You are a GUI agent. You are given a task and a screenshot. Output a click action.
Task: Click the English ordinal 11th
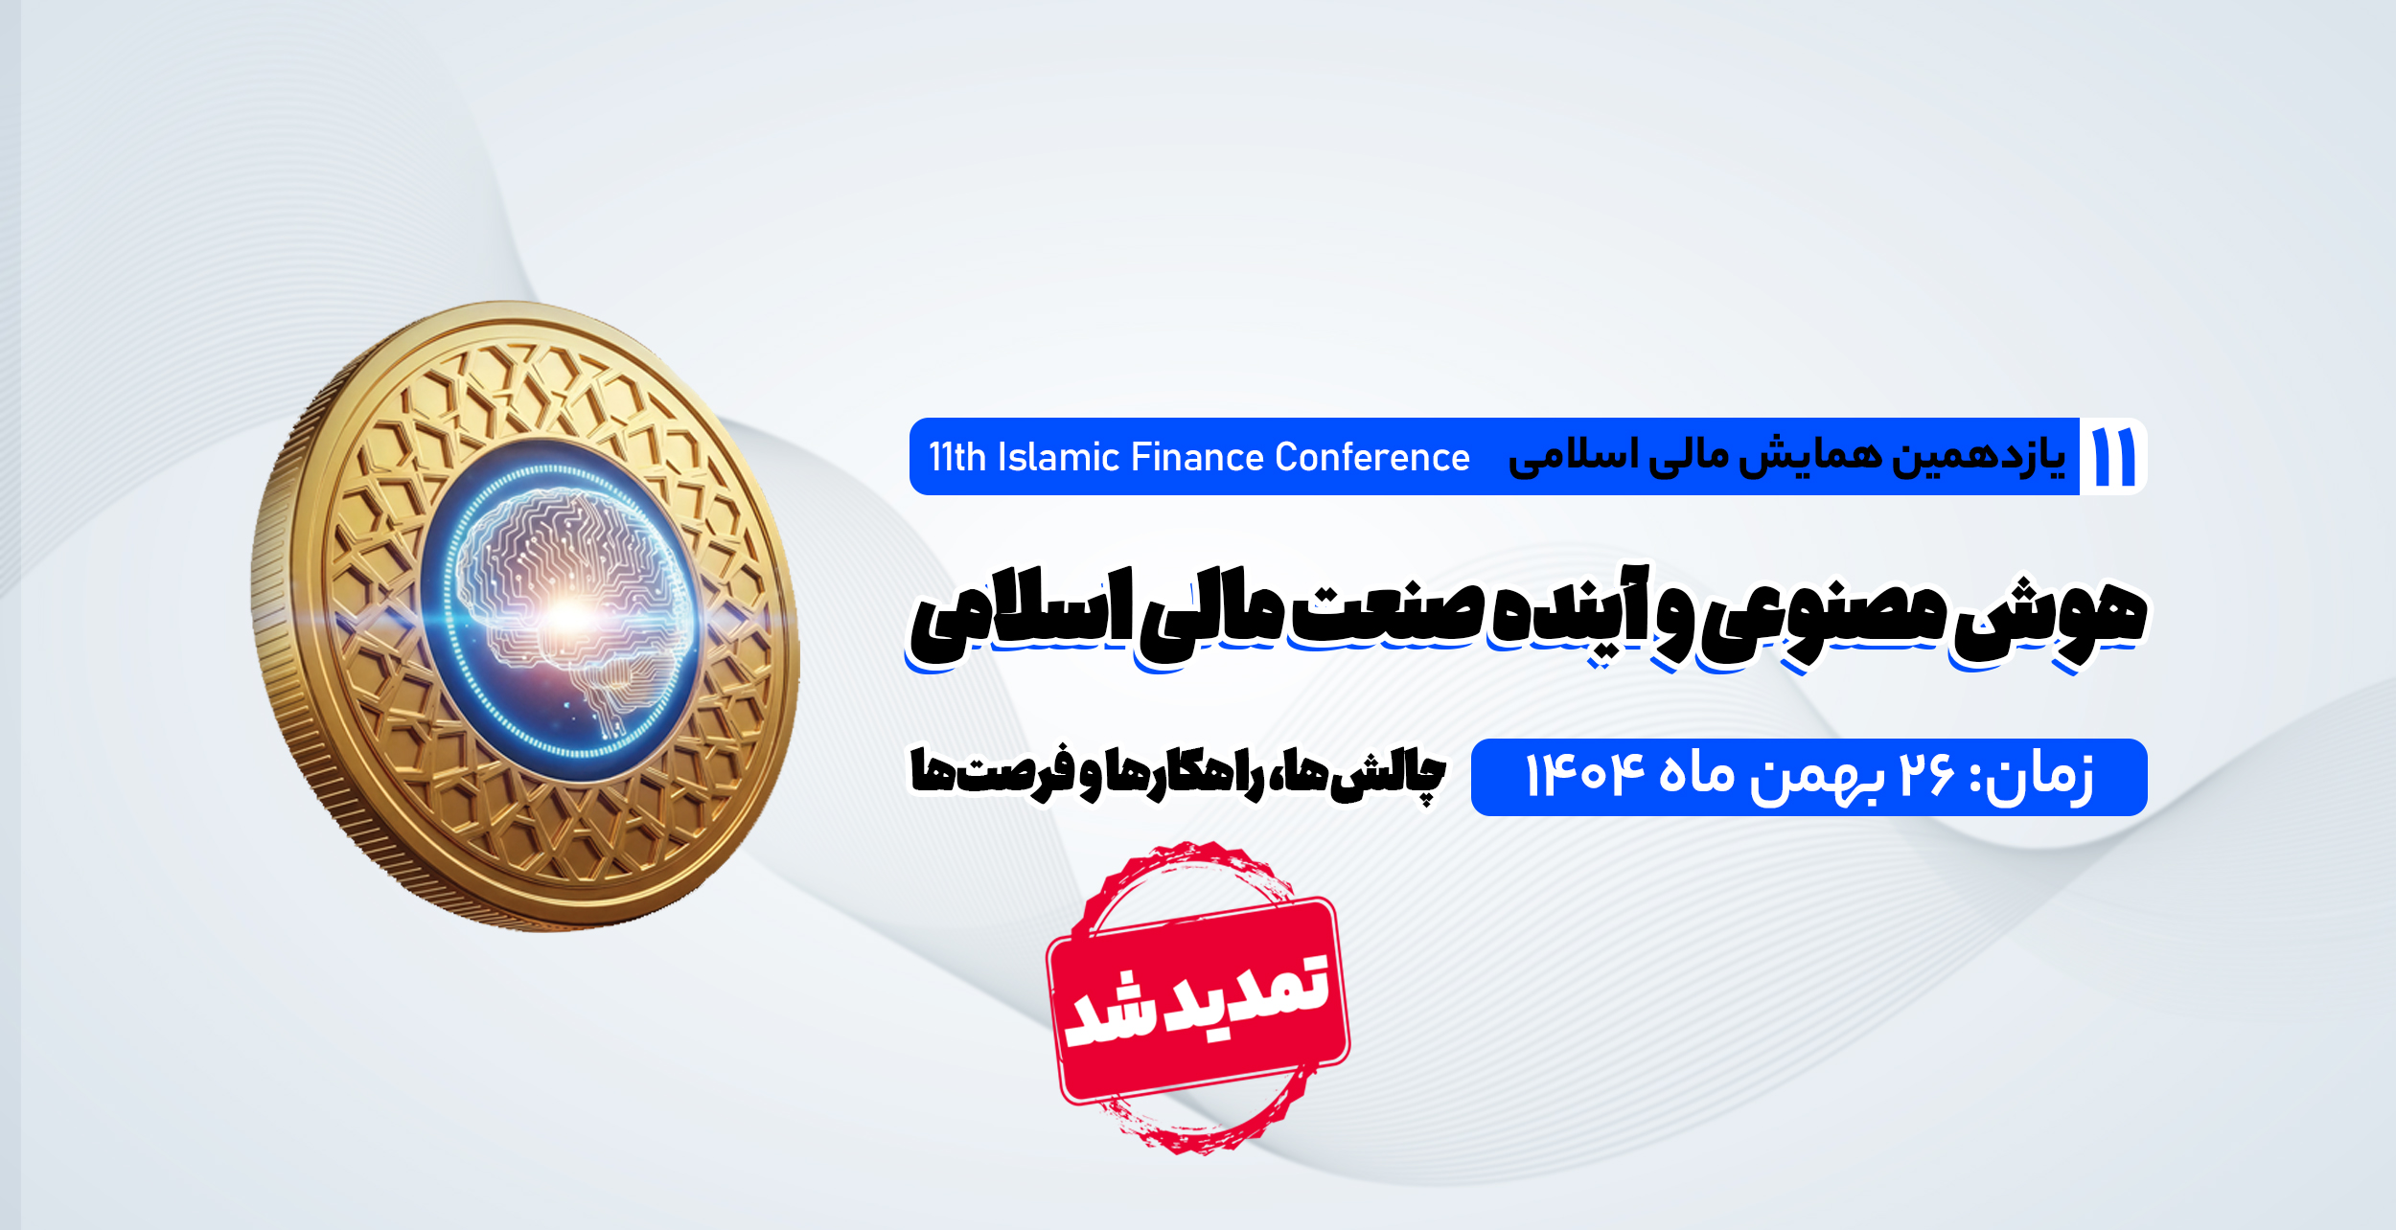(x=957, y=457)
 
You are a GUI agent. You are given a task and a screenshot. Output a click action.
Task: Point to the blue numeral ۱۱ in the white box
(x=2114, y=457)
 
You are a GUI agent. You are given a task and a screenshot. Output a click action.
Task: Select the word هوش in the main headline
(x=2050, y=618)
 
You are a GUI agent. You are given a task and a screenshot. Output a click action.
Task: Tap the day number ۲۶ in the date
(x=1927, y=774)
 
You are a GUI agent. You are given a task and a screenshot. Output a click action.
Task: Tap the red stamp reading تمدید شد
(x=1198, y=998)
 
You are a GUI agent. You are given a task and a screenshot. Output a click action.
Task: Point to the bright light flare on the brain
(x=570, y=618)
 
